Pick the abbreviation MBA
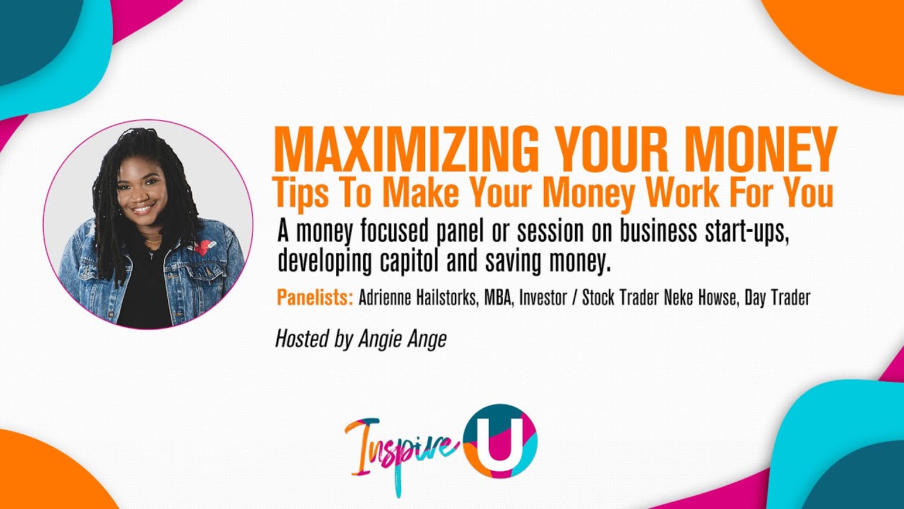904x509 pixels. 499,298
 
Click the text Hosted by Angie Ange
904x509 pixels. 360,339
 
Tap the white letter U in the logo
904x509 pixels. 500,444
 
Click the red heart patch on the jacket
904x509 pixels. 203,247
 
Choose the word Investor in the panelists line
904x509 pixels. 543,298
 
